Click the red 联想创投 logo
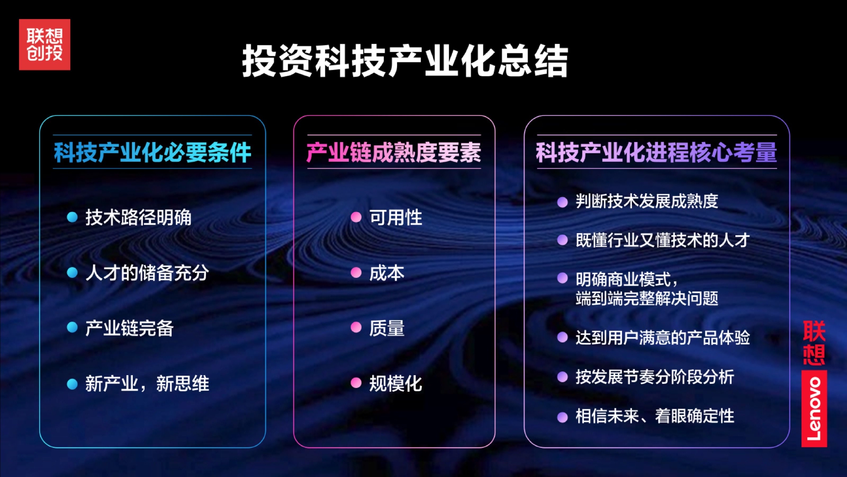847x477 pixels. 45,44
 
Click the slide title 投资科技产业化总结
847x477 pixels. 405,61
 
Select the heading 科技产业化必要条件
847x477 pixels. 153,152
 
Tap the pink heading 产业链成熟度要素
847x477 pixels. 394,152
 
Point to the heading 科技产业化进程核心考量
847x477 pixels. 656,152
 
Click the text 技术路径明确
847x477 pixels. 138,217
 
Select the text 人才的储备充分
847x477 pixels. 147,273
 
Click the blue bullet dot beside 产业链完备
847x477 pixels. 72,328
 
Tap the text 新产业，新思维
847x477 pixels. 147,383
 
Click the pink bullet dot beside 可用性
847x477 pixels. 356,217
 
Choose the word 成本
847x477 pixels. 387,273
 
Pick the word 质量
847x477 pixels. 387,328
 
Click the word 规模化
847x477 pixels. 395,383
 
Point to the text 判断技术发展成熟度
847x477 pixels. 647,201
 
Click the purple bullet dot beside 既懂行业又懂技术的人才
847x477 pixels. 562,240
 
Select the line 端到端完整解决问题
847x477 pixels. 647,299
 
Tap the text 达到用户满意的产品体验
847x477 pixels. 663,337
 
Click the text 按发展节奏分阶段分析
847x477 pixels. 655,377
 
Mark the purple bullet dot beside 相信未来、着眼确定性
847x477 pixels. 562,417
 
